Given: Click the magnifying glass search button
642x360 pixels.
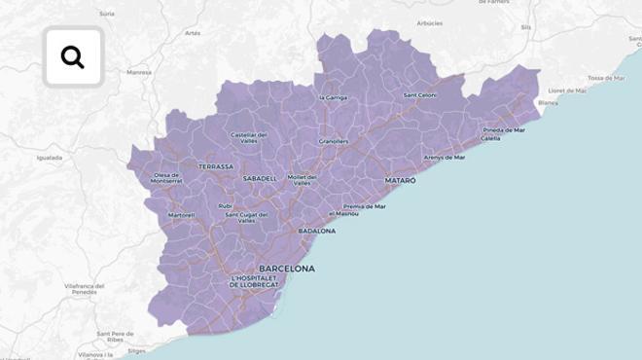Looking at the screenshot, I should (73, 57).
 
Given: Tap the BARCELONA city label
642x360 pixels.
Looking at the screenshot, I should (286, 269).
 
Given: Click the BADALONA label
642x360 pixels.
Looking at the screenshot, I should (316, 232).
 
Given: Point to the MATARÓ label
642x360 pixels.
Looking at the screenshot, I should (400, 181).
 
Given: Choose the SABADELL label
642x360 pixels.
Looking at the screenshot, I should (260, 179).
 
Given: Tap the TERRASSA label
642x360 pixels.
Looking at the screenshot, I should (216, 166).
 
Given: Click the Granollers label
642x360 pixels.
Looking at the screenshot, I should (334, 142).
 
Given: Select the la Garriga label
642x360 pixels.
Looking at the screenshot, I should (333, 98).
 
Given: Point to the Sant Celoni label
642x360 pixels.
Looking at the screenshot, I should (420, 95).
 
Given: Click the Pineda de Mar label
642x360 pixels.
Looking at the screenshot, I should (504, 130).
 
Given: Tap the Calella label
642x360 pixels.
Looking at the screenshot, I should (490, 138).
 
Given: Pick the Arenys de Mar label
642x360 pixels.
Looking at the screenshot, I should (444, 157).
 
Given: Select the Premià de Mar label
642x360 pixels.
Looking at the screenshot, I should (365, 206).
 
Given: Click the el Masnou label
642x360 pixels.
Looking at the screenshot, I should (344, 213).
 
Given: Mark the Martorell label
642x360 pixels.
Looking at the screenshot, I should (182, 215).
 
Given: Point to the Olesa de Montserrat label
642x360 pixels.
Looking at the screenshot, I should (167, 178).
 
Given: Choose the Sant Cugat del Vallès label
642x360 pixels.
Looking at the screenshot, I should (246, 217).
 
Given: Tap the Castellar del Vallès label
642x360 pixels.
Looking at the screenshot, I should (249, 137).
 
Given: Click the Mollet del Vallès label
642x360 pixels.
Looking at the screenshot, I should (302, 180).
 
